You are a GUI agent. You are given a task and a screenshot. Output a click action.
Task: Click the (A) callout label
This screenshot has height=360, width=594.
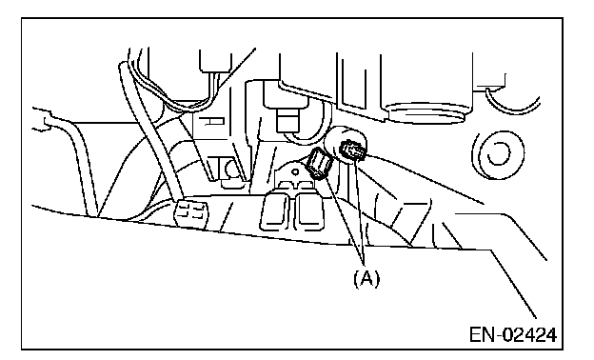click(366, 278)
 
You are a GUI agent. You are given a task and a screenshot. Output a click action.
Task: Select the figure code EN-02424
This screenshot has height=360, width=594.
click(513, 335)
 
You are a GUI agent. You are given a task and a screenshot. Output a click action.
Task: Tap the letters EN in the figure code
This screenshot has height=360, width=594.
click(483, 335)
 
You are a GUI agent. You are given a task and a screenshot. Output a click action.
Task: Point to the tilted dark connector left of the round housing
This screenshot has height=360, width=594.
click(320, 163)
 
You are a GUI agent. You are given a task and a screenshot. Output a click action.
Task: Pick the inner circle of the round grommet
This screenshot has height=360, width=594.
click(498, 153)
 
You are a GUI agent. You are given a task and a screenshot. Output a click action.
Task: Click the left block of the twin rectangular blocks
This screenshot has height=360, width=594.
click(276, 210)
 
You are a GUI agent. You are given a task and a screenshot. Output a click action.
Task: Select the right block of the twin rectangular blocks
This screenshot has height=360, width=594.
click(309, 210)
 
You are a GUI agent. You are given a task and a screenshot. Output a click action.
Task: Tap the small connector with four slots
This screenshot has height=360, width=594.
click(191, 213)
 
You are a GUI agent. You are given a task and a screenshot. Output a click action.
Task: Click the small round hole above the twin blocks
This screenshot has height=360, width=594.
click(295, 172)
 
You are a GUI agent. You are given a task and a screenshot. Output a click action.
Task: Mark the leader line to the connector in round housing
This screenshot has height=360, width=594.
click(360, 211)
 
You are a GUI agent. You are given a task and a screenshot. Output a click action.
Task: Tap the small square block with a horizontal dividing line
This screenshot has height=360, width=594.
click(287, 121)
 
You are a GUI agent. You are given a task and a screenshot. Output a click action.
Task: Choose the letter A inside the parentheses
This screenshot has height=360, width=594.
click(366, 278)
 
